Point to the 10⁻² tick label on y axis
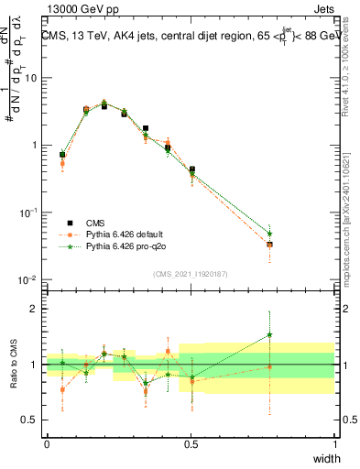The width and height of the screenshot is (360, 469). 29,279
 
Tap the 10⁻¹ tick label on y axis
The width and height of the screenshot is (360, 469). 29,213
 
